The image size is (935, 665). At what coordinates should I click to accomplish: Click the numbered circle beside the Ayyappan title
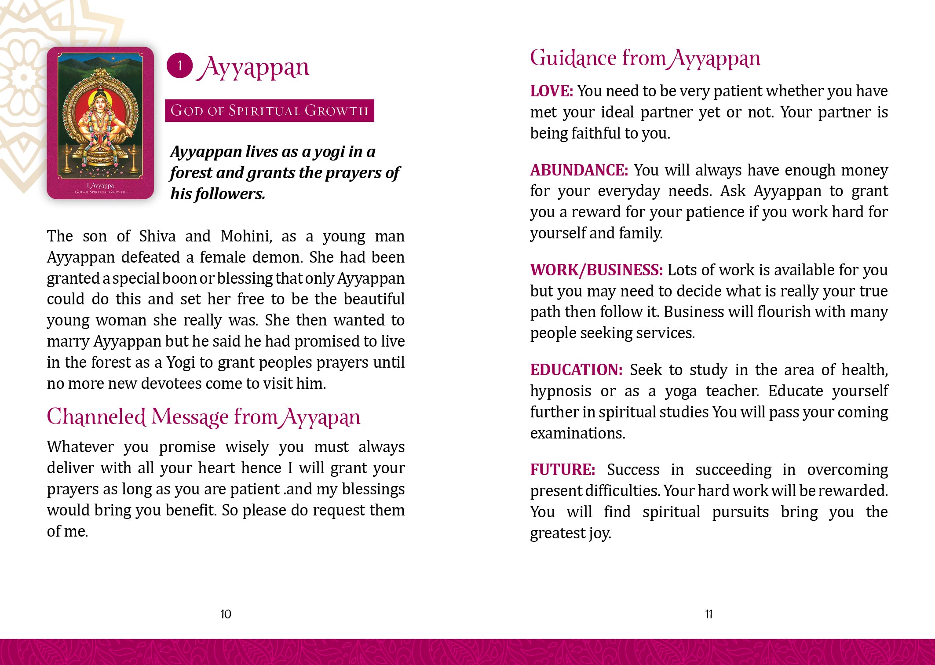point(179,66)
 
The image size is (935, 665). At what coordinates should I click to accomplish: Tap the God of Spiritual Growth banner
point(269,110)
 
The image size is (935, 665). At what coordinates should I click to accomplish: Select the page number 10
point(226,614)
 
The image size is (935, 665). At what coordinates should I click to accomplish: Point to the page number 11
point(709,614)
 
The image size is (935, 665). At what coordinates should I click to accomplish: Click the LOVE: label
point(552,91)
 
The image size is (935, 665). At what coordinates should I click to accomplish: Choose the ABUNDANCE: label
point(579,170)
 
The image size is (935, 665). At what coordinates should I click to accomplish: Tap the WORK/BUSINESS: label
point(596,270)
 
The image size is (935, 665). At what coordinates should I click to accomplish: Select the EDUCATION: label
point(576,370)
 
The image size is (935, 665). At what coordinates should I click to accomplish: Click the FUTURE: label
point(562,470)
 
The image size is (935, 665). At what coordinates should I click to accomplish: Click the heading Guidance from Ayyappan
point(645,58)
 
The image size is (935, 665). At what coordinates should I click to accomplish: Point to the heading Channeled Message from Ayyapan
point(203,417)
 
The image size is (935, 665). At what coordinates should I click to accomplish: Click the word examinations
point(577,434)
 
